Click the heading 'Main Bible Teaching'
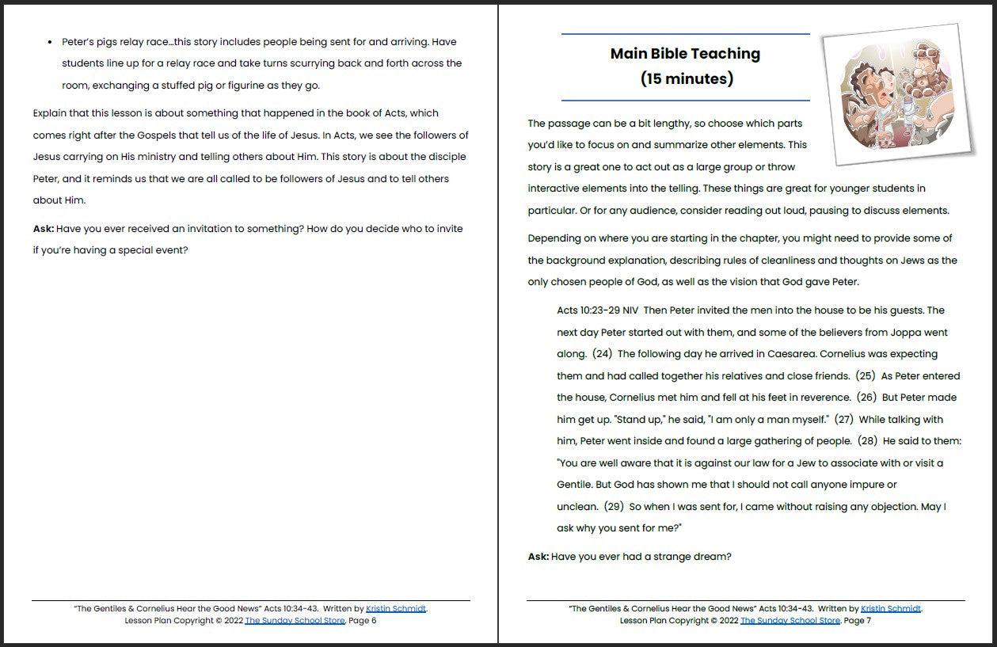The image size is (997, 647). coord(685,54)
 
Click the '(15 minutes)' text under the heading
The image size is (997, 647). coord(686,79)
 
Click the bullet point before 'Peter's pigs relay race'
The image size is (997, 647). coord(51,42)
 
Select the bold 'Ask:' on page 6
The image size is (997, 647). coord(44,229)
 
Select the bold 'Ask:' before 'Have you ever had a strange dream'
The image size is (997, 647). coord(538,557)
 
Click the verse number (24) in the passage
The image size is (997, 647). coord(602,354)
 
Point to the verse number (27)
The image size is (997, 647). coord(844,420)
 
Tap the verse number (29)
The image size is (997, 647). coord(614,507)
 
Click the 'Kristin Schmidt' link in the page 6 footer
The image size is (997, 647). coord(396,609)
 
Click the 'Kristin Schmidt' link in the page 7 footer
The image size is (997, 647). coord(891,609)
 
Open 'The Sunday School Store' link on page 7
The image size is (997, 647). coord(790,621)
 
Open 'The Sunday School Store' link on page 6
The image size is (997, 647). coord(295,621)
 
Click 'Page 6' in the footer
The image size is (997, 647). coord(363,621)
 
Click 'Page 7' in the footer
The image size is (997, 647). coord(858,621)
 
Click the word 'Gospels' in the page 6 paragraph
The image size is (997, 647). coord(139,135)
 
